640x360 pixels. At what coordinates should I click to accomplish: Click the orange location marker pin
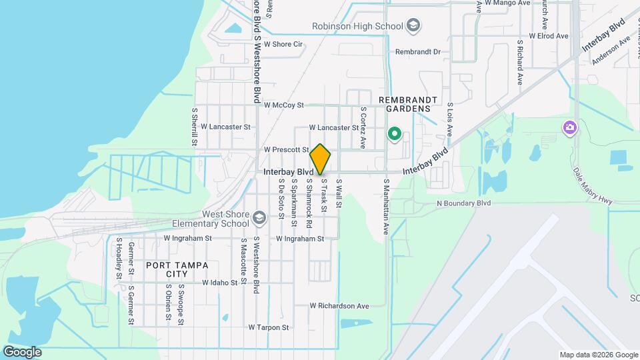(321, 159)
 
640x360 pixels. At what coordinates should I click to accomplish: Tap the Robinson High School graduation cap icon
(413, 26)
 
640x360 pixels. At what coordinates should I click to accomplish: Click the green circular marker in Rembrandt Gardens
(394, 135)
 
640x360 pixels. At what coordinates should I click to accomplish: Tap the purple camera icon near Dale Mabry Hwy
(569, 127)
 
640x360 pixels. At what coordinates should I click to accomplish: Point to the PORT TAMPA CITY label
(177, 269)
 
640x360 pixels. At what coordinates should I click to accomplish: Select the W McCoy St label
(283, 105)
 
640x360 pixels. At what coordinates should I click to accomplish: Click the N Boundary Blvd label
(463, 203)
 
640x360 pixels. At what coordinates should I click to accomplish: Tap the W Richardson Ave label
(339, 306)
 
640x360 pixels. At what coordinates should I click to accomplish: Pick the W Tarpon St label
(269, 327)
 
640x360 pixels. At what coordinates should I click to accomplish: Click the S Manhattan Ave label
(386, 207)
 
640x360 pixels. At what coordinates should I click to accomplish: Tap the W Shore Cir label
(283, 45)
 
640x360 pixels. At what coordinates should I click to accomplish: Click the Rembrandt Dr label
(418, 51)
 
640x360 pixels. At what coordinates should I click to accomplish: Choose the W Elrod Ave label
(548, 36)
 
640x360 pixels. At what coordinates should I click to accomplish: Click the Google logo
(22, 352)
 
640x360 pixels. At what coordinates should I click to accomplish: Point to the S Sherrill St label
(195, 127)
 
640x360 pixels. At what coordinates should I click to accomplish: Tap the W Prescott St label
(286, 149)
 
